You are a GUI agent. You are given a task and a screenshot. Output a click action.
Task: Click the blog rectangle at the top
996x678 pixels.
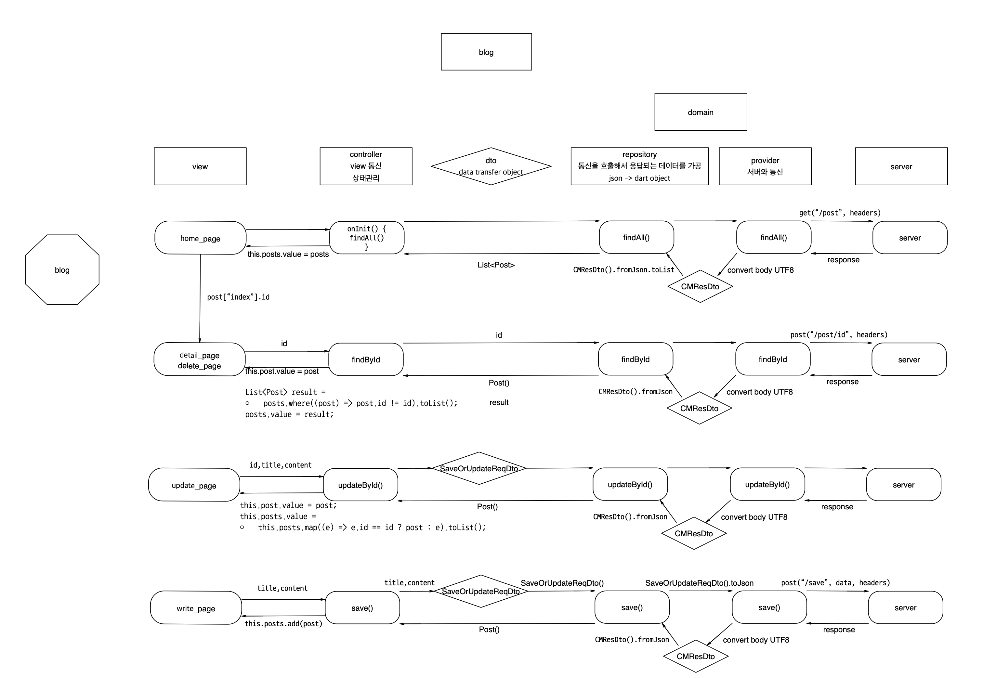click(486, 52)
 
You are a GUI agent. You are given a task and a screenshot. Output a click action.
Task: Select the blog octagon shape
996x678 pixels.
click(62, 269)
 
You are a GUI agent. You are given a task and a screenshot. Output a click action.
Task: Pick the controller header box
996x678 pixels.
click(366, 166)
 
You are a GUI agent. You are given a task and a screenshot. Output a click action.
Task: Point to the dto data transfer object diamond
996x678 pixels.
click(491, 166)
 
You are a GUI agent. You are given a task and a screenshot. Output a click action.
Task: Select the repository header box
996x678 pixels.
click(639, 166)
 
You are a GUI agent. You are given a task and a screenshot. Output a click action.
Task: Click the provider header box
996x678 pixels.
click(765, 166)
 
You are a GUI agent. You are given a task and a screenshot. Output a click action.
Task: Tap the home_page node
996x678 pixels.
click(200, 238)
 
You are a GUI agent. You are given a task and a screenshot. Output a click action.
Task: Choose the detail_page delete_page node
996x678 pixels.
click(199, 359)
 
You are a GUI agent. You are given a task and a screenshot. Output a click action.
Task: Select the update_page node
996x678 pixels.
click(194, 485)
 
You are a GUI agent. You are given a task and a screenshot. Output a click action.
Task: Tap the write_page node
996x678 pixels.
click(196, 608)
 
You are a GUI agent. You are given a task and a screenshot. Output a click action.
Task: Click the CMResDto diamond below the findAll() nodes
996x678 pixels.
click(700, 286)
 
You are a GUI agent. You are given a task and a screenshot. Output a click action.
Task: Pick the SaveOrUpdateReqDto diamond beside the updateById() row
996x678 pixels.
click(479, 468)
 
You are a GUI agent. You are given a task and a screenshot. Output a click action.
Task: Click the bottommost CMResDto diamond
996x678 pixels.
click(696, 656)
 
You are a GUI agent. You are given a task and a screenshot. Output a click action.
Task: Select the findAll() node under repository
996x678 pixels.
click(636, 237)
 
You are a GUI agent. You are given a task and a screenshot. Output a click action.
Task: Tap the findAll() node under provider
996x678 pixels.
click(774, 237)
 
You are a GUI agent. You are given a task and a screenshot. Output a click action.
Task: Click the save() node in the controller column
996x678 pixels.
click(362, 608)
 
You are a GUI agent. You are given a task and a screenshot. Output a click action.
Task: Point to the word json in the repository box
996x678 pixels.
click(615, 178)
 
